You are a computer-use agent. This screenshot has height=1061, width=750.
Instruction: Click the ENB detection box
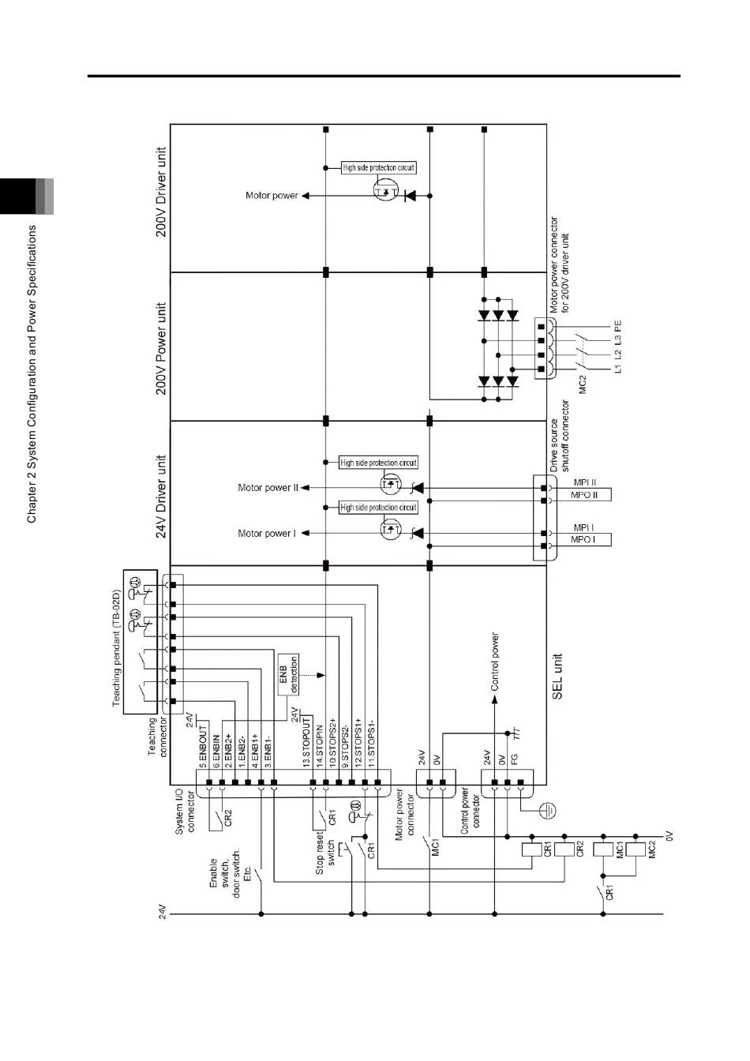[288, 674]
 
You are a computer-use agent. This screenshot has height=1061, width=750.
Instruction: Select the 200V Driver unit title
[161, 192]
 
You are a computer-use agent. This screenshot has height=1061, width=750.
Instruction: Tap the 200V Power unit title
[161, 348]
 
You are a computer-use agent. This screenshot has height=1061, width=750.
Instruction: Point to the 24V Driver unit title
[161, 497]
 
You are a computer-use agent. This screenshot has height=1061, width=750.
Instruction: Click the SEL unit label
[557, 677]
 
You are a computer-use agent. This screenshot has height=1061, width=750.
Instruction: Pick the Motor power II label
[268, 487]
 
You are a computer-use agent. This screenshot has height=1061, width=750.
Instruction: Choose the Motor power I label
[267, 534]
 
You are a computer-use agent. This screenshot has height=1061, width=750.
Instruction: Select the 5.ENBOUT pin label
[203, 747]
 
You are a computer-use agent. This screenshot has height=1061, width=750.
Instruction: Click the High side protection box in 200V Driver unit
[379, 167]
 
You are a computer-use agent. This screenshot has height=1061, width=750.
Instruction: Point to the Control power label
[495, 662]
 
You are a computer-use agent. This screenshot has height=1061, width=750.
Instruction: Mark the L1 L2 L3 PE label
[617, 347]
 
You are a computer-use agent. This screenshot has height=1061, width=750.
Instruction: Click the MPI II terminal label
[585, 482]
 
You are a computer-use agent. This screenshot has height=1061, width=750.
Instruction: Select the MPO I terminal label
[583, 539]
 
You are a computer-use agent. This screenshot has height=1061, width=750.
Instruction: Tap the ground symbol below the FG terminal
[547, 811]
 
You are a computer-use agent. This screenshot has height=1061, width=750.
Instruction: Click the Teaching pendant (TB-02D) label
[117, 648]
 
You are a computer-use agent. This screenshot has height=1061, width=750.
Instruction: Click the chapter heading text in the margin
[32, 374]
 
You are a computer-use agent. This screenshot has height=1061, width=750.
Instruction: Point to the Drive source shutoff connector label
[559, 436]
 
